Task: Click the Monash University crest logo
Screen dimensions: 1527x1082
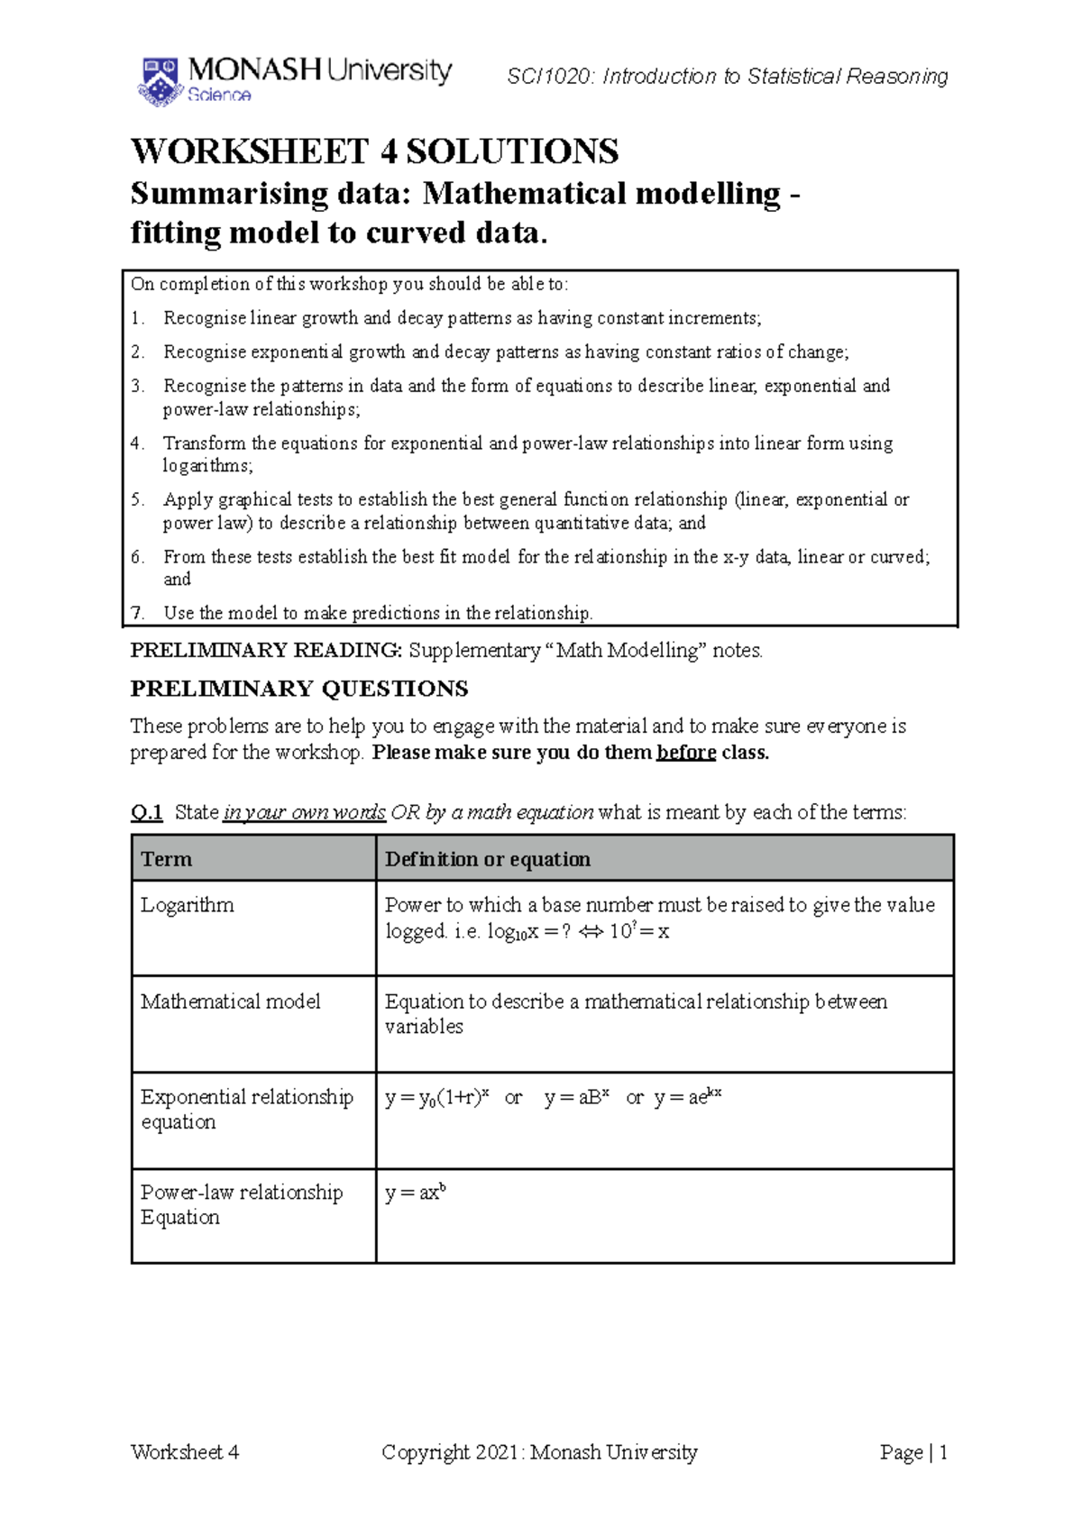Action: [x=160, y=82]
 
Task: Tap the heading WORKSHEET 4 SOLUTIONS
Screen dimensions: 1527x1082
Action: [x=374, y=151]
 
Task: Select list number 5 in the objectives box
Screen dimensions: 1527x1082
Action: [x=137, y=499]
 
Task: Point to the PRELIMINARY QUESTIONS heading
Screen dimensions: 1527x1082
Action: [x=298, y=689]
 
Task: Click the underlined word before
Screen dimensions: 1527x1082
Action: [x=685, y=753]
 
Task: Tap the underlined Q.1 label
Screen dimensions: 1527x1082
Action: [x=146, y=812]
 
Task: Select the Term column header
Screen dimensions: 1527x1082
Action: [x=167, y=859]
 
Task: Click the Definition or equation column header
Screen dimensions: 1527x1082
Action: [x=487, y=859]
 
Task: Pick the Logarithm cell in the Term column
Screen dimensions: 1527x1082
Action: [x=188, y=905]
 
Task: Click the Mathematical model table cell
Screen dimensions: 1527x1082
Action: [x=231, y=1001]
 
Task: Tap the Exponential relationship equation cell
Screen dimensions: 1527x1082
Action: [x=245, y=1110]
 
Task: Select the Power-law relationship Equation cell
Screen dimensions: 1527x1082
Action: [x=241, y=1204]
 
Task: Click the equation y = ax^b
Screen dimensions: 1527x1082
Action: [x=415, y=1193]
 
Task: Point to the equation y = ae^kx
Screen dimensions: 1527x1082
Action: [x=687, y=1097]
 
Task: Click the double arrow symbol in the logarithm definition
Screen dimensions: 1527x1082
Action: [x=591, y=932]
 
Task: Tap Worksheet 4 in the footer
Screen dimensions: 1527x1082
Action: [x=185, y=1452]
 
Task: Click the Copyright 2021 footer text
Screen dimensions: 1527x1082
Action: [x=539, y=1452]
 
